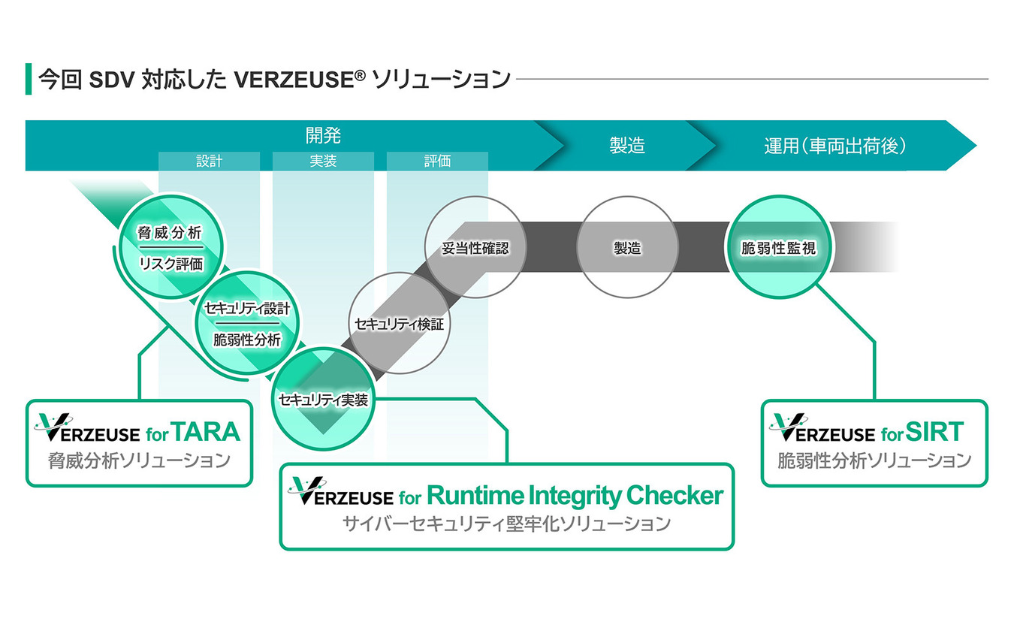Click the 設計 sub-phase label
209,162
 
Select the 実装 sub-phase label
323,162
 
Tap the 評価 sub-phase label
437,162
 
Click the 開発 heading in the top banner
323,136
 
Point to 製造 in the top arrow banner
627,146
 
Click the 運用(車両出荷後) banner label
834,146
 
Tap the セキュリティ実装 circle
323,400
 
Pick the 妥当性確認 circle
475,247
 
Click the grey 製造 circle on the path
627,247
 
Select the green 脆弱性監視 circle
778,247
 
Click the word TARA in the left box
205,432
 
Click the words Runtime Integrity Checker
575,496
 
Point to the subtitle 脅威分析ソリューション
139,460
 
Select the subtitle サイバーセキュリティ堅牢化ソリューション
505,524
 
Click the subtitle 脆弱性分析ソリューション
874,460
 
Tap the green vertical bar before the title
29,79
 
